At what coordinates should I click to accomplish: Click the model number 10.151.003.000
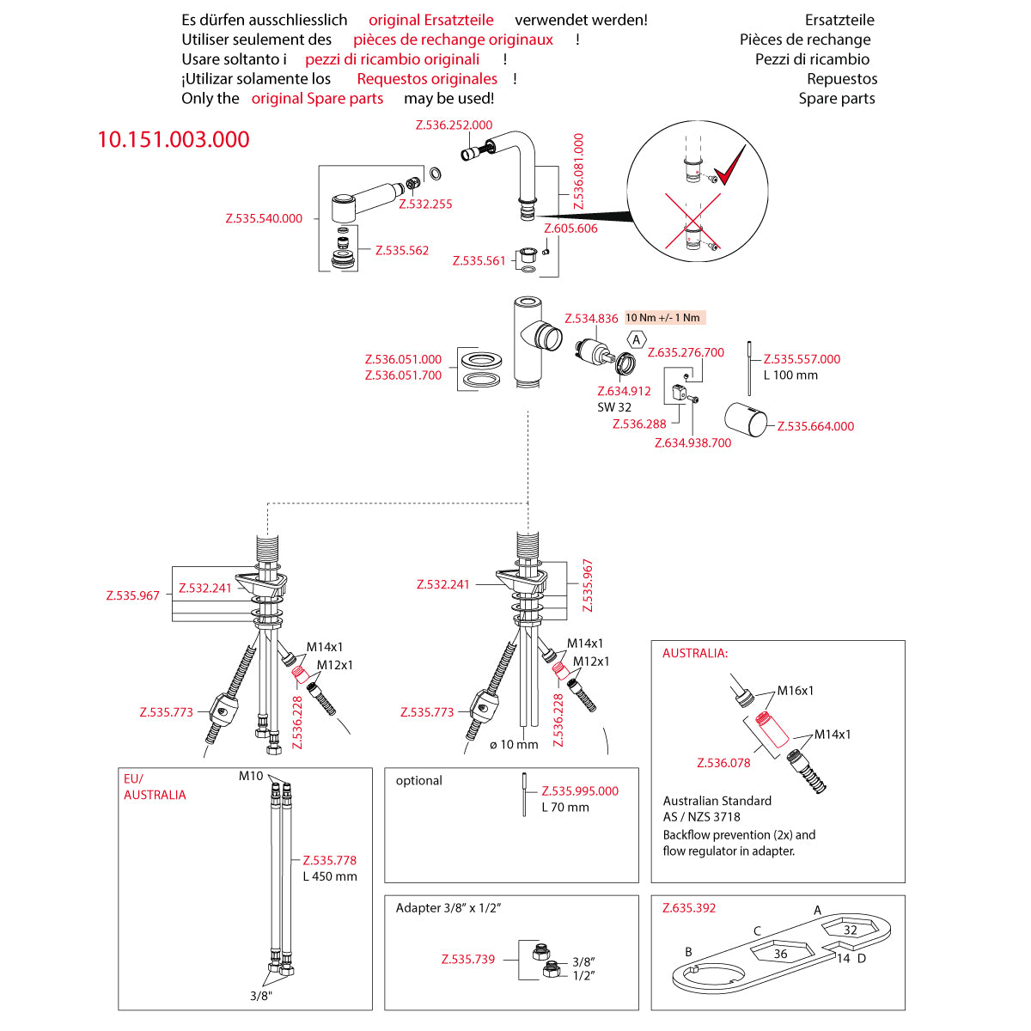(x=174, y=139)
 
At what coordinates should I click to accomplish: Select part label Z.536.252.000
(x=454, y=125)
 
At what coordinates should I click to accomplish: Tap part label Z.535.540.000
(x=264, y=218)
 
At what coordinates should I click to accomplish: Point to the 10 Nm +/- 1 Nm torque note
(x=662, y=318)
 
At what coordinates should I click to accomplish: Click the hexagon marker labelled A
(x=637, y=340)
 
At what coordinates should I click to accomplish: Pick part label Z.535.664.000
(x=815, y=426)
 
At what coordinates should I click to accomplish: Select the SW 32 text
(x=614, y=407)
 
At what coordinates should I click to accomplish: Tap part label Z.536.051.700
(x=403, y=375)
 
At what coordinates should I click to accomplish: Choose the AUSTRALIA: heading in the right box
(x=694, y=653)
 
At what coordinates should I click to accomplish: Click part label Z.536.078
(x=723, y=762)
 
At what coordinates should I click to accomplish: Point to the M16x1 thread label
(x=796, y=690)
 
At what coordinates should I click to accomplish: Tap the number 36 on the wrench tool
(x=780, y=954)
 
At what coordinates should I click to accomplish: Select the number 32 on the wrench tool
(x=850, y=930)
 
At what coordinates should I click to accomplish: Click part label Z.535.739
(x=468, y=959)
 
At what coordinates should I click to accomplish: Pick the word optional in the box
(x=419, y=780)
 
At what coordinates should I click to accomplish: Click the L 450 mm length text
(x=330, y=876)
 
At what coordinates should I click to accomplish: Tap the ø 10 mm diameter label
(x=514, y=744)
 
